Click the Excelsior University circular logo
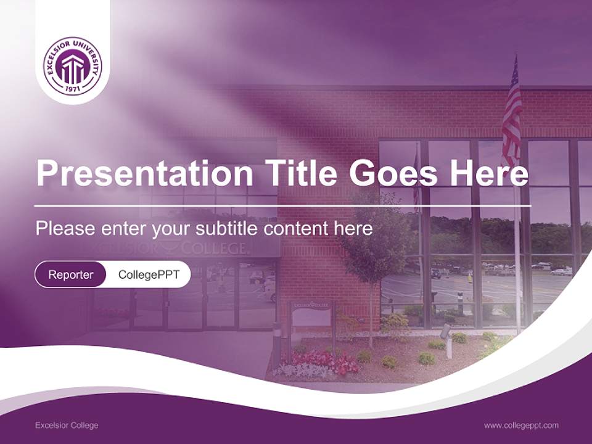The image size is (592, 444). (x=73, y=66)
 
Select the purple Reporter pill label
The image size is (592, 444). (x=71, y=274)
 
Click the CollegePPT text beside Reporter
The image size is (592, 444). (x=149, y=274)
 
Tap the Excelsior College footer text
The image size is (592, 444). (x=67, y=425)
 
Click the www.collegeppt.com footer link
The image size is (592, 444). (x=521, y=425)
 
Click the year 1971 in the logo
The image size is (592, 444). (x=73, y=89)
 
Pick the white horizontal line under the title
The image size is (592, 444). (x=282, y=205)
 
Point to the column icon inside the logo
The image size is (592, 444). (x=73, y=68)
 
